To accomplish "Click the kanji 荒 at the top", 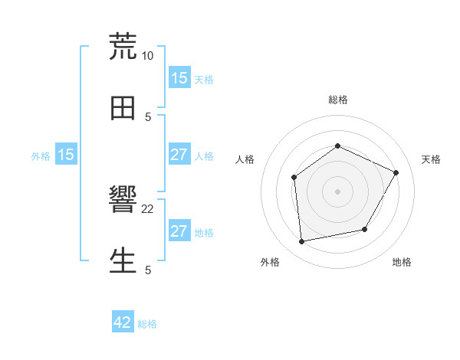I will (x=123, y=47).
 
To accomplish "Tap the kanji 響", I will (x=123, y=201).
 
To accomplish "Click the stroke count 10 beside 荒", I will (x=148, y=56).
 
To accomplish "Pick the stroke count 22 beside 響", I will (x=148, y=208).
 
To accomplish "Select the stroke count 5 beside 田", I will (x=148, y=117).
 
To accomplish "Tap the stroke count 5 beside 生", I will (x=148, y=270).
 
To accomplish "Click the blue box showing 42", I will (x=123, y=322).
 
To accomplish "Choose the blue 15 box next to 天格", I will (x=179, y=78).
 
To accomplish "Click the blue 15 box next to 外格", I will (x=66, y=155).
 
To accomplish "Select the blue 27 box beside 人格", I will (x=179, y=155).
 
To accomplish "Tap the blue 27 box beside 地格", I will (x=179, y=231).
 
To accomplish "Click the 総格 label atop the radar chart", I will (x=337, y=100).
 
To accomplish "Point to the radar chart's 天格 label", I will (x=431, y=159).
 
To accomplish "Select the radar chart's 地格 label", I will (x=402, y=262).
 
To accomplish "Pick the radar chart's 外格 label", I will (x=270, y=262).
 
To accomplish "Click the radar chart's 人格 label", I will (x=245, y=159).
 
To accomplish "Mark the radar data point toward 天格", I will (x=396, y=172).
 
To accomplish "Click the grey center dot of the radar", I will (x=337, y=191).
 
